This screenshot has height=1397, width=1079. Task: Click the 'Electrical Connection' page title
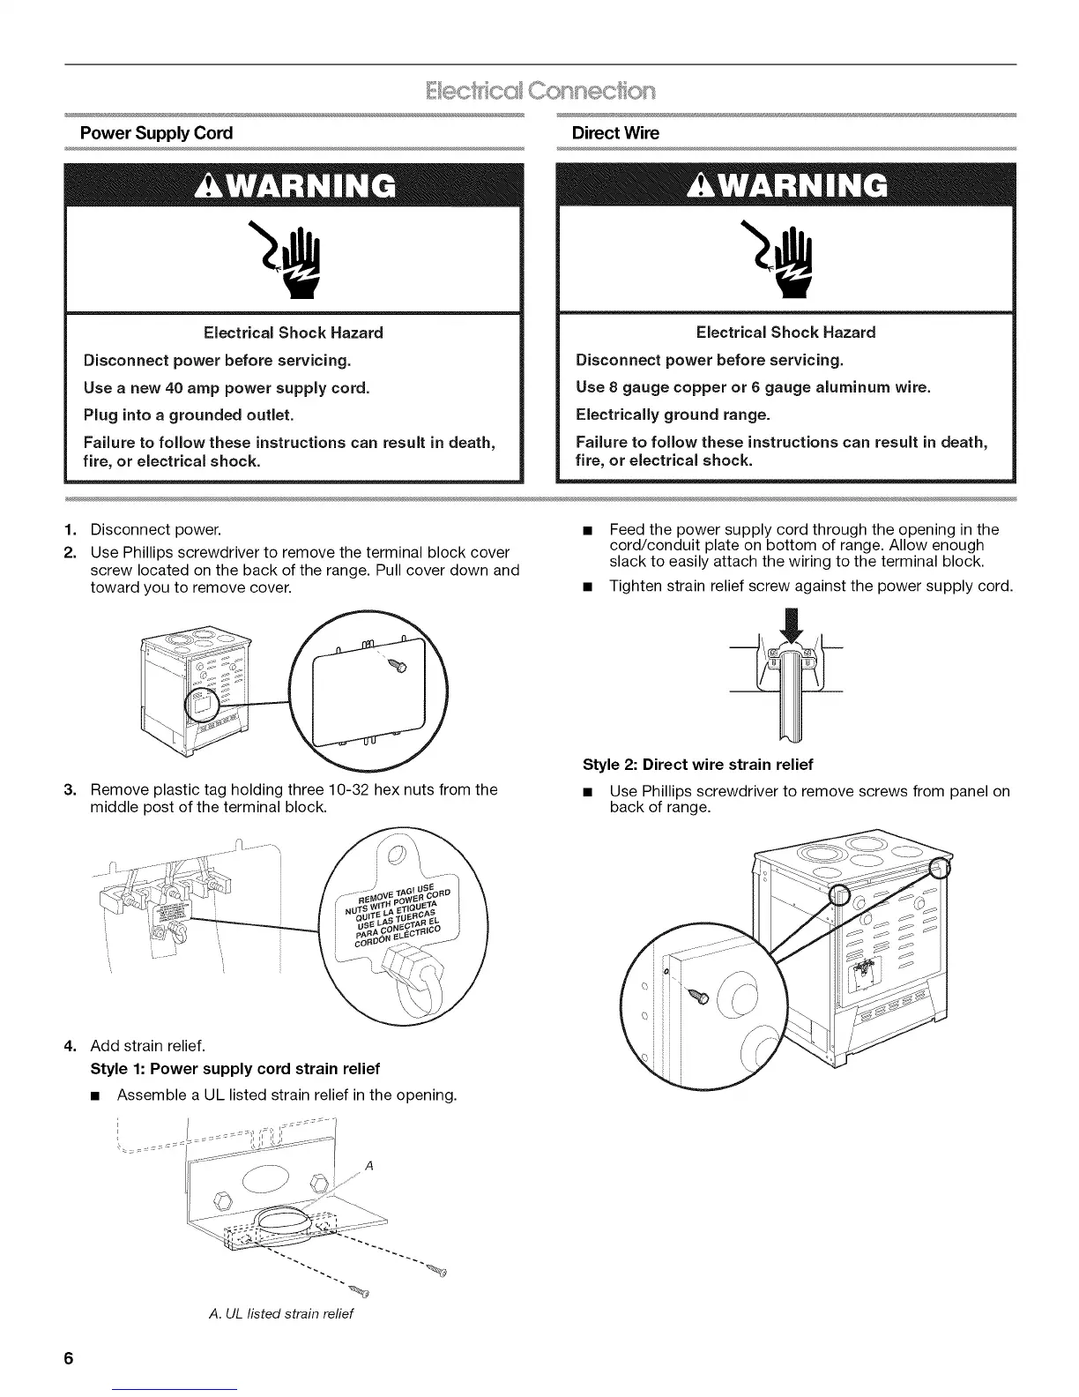pyautogui.click(x=539, y=92)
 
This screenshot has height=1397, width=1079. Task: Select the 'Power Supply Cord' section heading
pyautogui.click(x=156, y=133)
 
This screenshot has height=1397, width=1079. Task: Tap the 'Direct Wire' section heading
pyautogui.click(x=614, y=133)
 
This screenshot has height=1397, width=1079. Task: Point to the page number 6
pyautogui.click(x=67, y=1358)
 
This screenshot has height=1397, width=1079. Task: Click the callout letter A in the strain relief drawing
pyautogui.click(x=370, y=1165)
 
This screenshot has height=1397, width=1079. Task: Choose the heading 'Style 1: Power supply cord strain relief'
pyautogui.click(x=235, y=1069)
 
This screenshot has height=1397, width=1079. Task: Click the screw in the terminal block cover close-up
pyautogui.click(x=402, y=666)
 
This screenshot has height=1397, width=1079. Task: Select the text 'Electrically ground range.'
pyautogui.click(x=673, y=415)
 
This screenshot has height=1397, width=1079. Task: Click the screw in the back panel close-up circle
pyautogui.click(x=702, y=996)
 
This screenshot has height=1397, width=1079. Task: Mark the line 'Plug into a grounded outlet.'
pyautogui.click(x=188, y=415)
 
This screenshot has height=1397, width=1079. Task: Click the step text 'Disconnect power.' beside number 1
pyautogui.click(x=155, y=530)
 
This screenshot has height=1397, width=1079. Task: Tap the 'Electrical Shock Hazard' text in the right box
pyautogui.click(x=785, y=332)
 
